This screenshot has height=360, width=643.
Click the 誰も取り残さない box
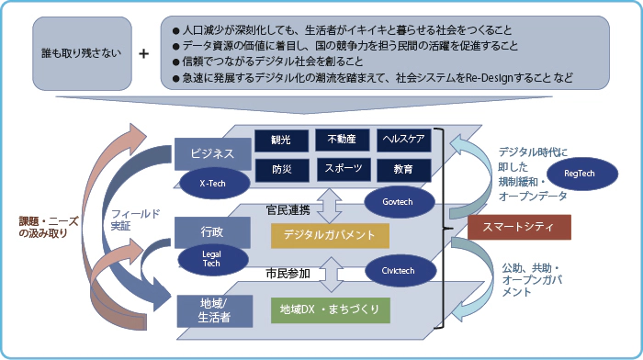point(82,53)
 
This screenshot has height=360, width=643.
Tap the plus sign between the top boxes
point(143,53)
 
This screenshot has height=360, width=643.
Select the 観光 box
point(281,141)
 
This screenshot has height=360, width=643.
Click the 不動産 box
point(342,140)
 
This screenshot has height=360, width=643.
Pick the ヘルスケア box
point(403,140)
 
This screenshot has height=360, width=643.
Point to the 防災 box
point(282,170)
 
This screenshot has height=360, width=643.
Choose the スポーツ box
point(344,169)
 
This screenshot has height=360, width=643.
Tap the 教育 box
point(403,170)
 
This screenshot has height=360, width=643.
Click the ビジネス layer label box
point(213,153)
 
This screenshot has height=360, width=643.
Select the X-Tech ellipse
point(213,184)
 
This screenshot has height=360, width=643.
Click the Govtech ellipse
point(400,202)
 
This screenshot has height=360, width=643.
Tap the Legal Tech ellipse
point(213,260)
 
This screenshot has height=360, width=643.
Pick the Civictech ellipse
point(400,271)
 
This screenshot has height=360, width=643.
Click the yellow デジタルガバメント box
point(330,235)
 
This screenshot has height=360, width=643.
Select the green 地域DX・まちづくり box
point(330,310)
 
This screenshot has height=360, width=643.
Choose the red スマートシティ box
point(519,227)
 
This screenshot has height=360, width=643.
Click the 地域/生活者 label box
point(214,310)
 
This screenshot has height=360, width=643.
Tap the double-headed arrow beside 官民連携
point(330,206)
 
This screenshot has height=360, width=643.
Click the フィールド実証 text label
point(136,219)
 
